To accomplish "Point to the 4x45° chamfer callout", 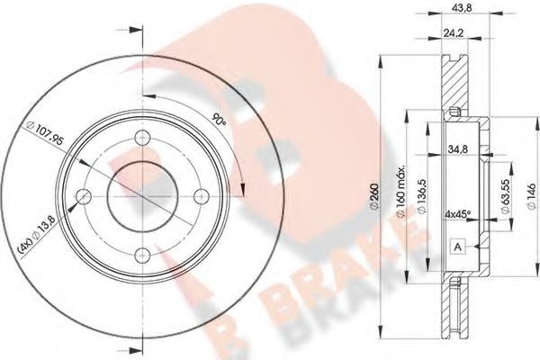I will pos(461,216).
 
